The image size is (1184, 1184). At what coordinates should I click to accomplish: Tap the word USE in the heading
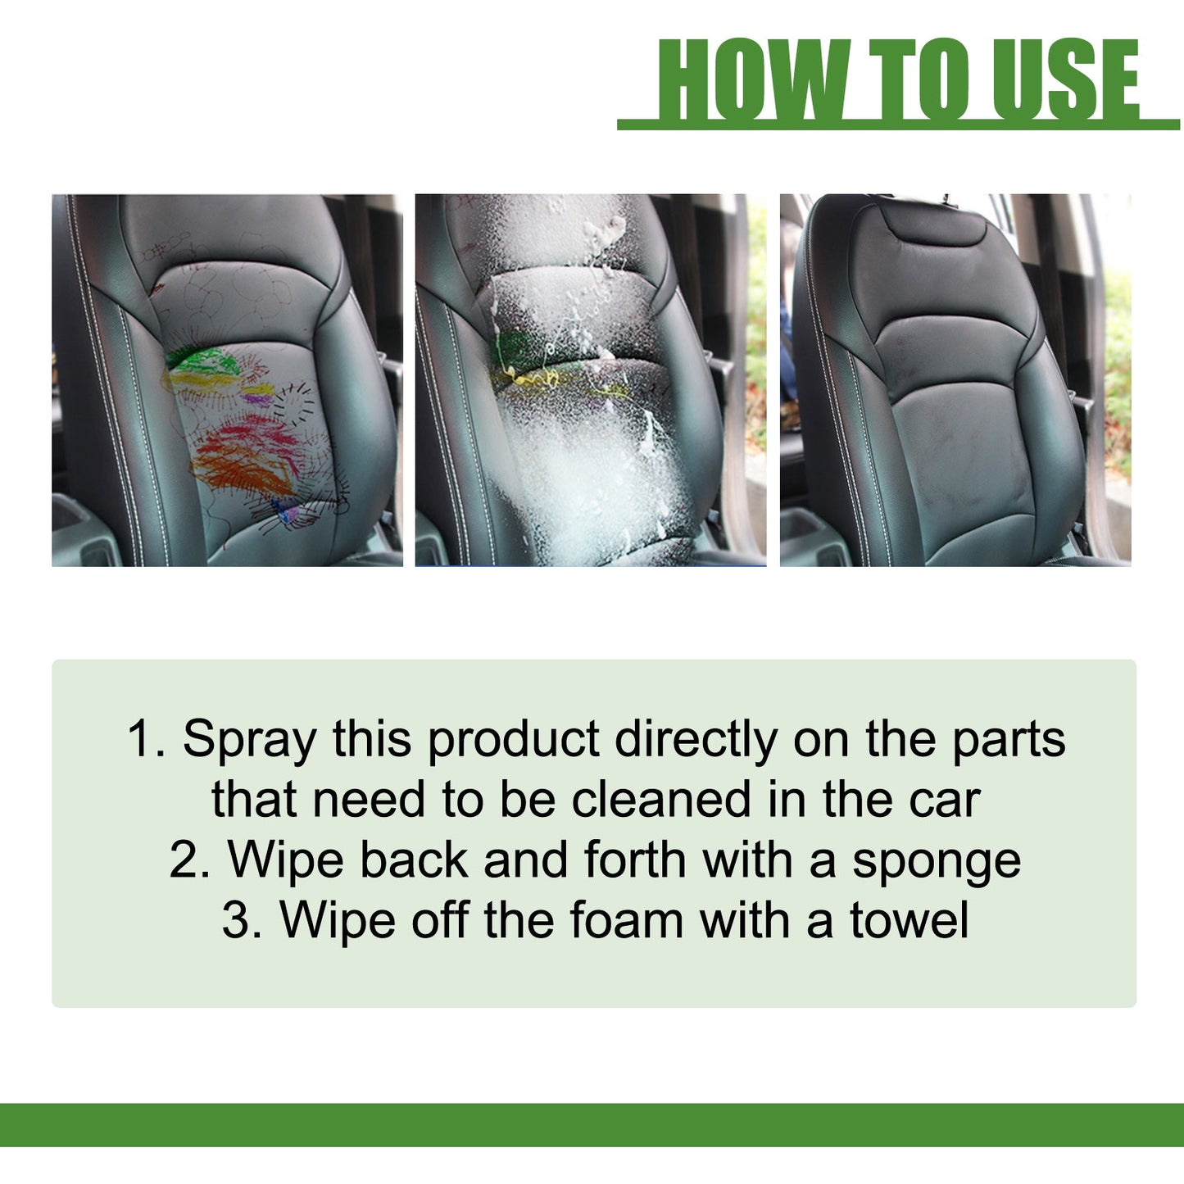tap(1064, 79)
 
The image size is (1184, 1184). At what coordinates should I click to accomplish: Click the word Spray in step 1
tap(249, 740)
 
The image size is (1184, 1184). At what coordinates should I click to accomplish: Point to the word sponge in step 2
tap(937, 862)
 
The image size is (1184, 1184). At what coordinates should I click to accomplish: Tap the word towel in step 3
tap(909, 921)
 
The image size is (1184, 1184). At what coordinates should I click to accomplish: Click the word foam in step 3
tap(626, 921)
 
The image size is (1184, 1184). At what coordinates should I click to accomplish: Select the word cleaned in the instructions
tap(660, 801)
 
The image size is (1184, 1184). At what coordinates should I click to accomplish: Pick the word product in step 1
tap(514, 740)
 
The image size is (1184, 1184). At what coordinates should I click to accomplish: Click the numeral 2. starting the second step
tap(190, 862)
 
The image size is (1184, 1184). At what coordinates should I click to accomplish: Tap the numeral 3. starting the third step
tap(243, 921)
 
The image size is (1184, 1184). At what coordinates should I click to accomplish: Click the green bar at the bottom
tap(592, 1124)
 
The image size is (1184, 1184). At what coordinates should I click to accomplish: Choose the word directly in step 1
tap(696, 740)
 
